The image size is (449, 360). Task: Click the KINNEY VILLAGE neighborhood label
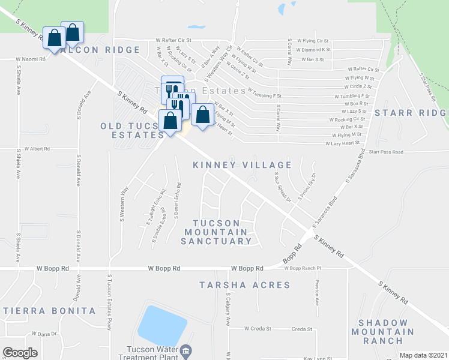pyautogui.click(x=243, y=164)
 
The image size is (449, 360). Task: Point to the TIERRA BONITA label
pyautogui.click(x=49, y=311)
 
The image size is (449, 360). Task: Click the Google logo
pyautogui.click(x=20, y=353)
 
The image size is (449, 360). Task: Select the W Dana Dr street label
pyautogui.click(x=44, y=334)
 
